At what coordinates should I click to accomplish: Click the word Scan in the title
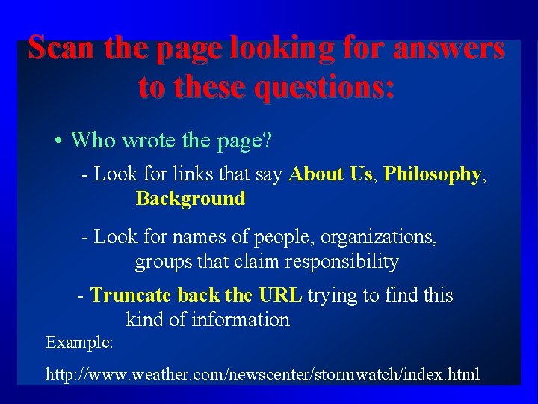(x=62, y=49)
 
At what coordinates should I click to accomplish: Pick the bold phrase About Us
(x=331, y=174)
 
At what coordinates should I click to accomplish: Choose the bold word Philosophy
(x=433, y=174)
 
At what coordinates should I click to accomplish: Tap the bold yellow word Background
(x=191, y=198)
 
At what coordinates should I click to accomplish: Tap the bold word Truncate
(x=132, y=296)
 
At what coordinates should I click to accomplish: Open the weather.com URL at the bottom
(x=262, y=374)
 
